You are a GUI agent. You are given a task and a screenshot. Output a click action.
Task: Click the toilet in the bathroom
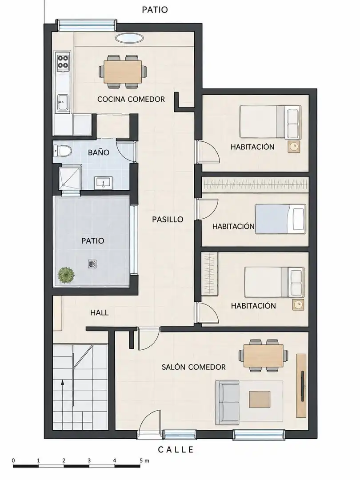62,150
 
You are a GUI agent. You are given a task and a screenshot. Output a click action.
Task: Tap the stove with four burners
63,61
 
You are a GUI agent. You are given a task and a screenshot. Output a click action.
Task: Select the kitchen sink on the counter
63,102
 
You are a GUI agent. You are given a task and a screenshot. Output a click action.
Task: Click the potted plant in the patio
66,275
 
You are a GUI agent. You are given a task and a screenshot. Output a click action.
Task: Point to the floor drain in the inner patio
92,264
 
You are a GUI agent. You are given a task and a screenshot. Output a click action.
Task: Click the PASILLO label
168,220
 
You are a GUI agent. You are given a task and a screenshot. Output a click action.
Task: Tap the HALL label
100,312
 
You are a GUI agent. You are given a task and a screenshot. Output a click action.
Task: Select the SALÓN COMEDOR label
194,367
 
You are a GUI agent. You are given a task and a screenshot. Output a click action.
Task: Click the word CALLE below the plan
176,449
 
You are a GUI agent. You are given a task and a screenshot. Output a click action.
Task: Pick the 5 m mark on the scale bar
144,460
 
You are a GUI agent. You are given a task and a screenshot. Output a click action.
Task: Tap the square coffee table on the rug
260,400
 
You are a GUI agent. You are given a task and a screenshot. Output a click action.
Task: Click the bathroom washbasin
104,183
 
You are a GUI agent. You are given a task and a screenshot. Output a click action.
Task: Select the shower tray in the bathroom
70,177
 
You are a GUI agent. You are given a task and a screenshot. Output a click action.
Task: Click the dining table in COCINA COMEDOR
123,72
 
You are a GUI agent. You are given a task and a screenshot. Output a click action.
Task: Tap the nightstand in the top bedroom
294,147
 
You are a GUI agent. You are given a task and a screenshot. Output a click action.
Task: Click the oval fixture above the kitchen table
129,38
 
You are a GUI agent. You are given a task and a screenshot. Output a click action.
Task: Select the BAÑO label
99,152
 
